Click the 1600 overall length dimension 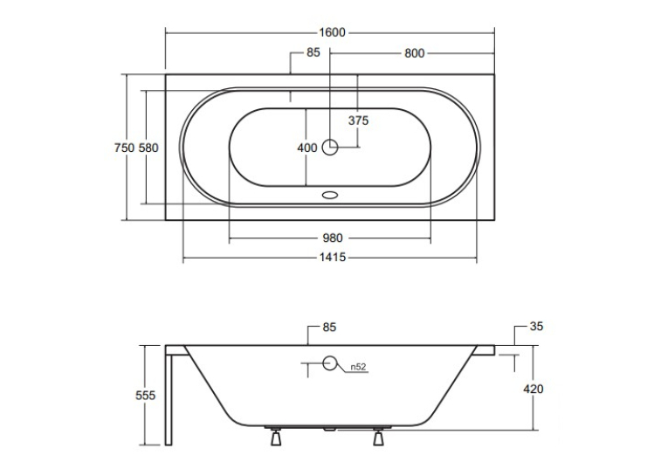click(x=332, y=32)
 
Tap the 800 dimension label click(x=415, y=53)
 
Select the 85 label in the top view click(x=313, y=52)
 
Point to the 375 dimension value click(x=358, y=121)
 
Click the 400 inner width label click(x=307, y=148)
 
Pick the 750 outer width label click(x=124, y=148)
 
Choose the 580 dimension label click(x=148, y=148)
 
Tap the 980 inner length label click(x=333, y=238)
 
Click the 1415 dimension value click(x=333, y=258)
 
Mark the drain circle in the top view click(x=330, y=147)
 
